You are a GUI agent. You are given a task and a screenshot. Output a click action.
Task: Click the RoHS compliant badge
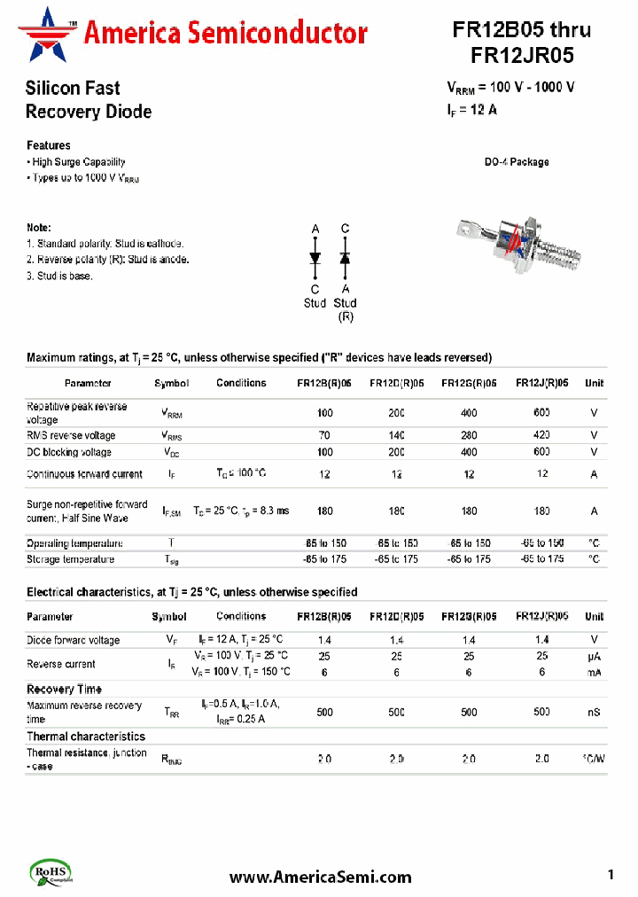click(x=52, y=872)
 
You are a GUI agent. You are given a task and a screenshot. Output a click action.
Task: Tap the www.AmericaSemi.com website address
click(x=320, y=877)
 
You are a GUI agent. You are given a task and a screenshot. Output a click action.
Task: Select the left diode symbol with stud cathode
click(x=315, y=257)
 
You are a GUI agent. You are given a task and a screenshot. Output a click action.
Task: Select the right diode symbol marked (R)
click(x=345, y=257)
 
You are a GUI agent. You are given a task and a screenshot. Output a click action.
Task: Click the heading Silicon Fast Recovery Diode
click(x=88, y=100)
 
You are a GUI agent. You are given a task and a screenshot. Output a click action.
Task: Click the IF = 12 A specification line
click(x=471, y=111)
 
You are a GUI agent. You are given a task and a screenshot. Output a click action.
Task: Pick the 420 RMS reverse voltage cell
click(x=541, y=435)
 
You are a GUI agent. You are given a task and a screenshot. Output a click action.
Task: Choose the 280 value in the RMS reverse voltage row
click(x=469, y=435)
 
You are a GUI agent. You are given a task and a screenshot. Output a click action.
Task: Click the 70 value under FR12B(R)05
click(x=324, y=435)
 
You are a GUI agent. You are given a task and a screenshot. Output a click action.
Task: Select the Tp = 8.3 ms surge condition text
click(x=265, y=511)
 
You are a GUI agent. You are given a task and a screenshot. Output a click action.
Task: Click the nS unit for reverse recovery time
click(x=594, y=712)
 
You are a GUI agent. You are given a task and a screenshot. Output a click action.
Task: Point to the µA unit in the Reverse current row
click(x=594, y=656)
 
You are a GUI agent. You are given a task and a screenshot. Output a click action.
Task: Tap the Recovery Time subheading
click(x=64, y=689)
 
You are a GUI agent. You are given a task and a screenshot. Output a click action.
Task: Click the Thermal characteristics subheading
click(x=85, y=737)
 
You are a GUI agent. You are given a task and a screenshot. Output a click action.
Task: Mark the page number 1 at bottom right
click(x=611, y=875)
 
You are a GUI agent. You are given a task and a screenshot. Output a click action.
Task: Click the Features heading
click(x=48, y=145)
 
